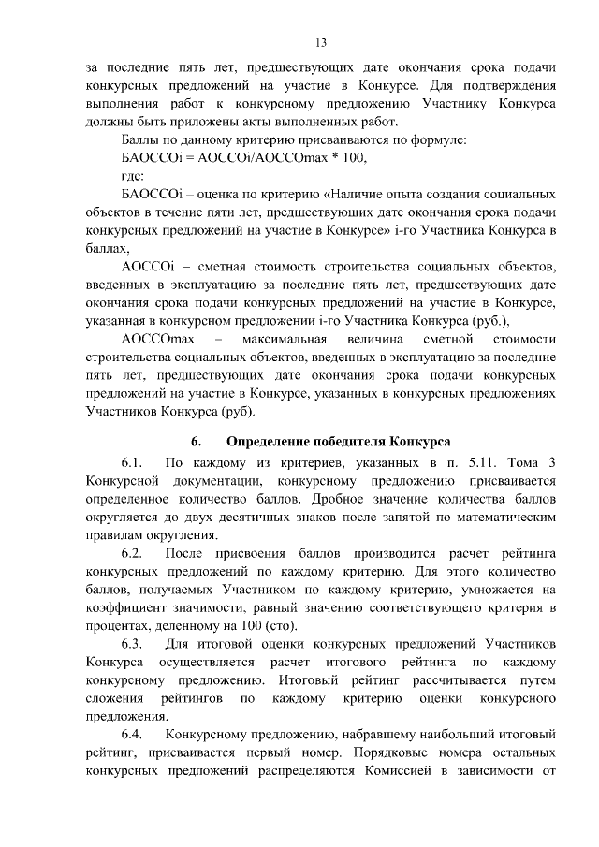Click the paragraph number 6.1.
coord(131,463)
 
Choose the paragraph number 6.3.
coord(131,645)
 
